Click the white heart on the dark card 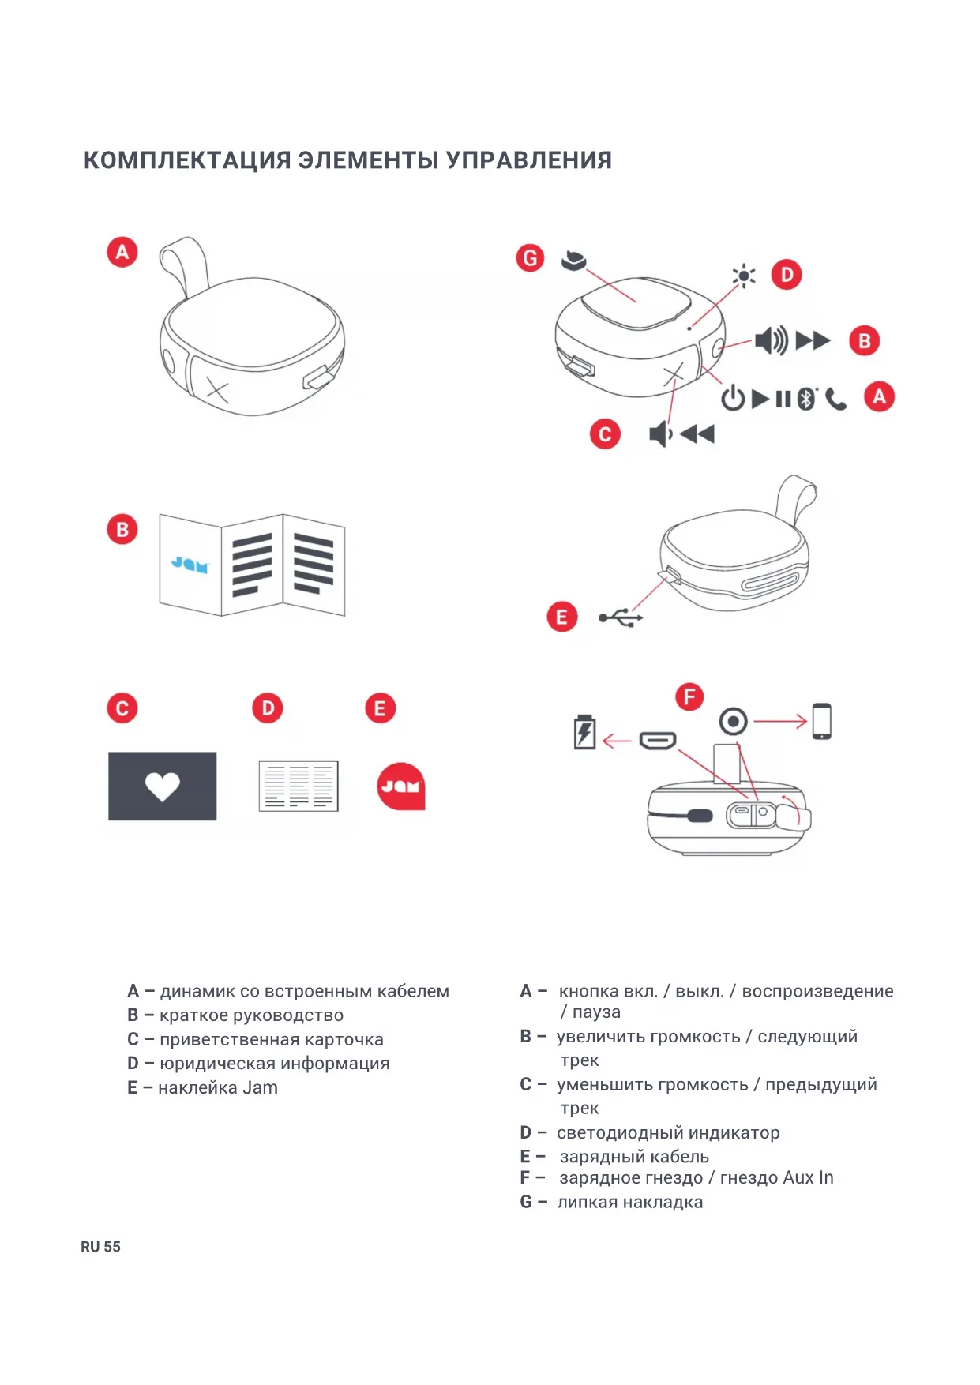(162, 786)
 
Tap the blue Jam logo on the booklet (190, 565)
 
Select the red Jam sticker (401, 786)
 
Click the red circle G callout (530, 258)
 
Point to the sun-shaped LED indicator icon (743, 276)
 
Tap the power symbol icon (733, 399)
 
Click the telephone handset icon (835, 400)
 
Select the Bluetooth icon (805, 399)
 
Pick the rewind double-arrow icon (697, 434)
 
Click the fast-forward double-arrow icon (813, 341)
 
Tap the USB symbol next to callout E (621, 617)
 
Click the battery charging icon (584, 732)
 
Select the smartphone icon (821, 721)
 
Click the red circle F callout (689, 696)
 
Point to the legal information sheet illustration (299, 786)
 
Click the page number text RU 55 (100, 1247)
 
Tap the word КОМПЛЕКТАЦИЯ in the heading (187, 160)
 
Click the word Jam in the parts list (260, 1088)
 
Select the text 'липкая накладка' (629, 1203)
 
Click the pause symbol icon (783, 400)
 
